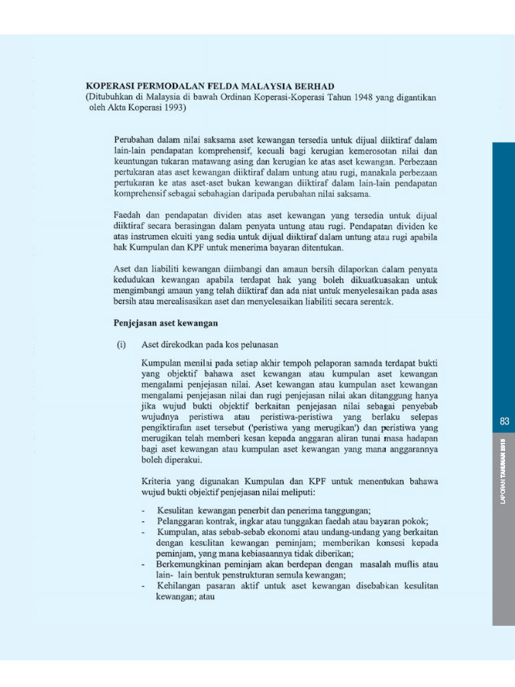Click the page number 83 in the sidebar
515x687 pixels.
(504, 421)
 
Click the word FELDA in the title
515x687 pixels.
(210, 86)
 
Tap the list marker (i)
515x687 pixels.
(121, 345)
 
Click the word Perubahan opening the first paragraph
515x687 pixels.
(135, 140)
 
